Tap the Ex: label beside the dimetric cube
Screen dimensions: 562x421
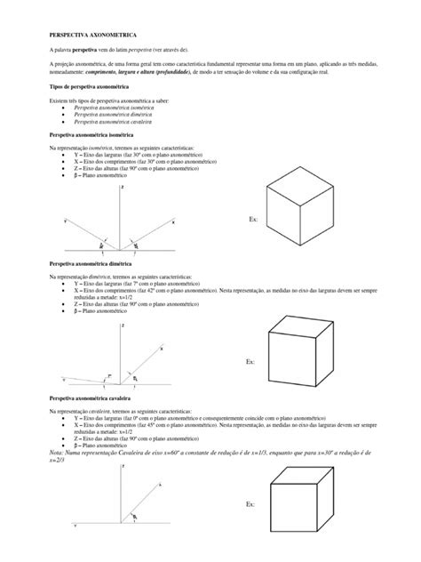pos(250,362)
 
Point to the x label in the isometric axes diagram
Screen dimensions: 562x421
pos(173,221)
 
